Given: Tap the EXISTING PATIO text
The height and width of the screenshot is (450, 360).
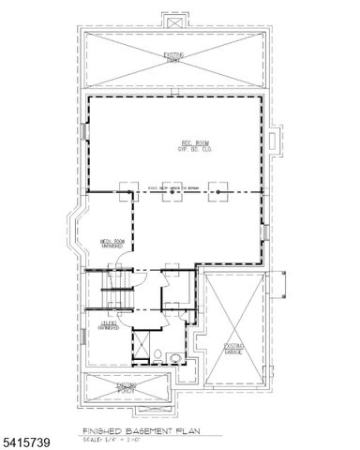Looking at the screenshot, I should point(173,60).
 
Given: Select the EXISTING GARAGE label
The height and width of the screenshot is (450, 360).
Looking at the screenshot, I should point(233,350).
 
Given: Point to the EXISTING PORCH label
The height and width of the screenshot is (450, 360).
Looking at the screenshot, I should point(127,385).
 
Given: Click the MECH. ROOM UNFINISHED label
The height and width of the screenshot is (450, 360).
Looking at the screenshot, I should point(113,245).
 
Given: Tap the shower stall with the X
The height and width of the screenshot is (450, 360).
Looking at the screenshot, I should point(142,344).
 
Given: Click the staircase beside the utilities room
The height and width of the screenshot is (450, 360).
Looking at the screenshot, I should point(117,291).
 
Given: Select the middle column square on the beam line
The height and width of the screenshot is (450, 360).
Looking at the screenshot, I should point(172,188).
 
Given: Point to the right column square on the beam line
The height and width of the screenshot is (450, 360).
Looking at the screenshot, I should point(217,188).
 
